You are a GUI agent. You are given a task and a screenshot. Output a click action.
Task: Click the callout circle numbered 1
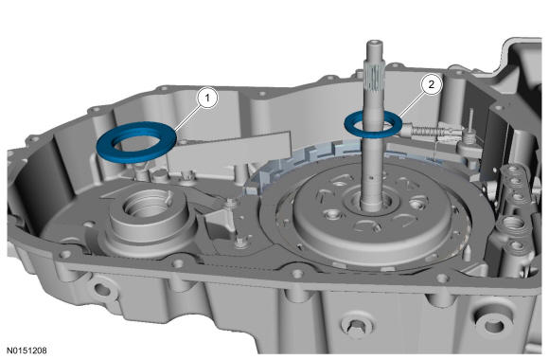pos(207,99)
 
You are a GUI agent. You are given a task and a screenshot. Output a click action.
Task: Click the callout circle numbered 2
pos(431,84)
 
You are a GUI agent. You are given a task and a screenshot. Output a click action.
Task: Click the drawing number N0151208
pos(26,351)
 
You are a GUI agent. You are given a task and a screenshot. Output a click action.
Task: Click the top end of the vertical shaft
pos(375,44)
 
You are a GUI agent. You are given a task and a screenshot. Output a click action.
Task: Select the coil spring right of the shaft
pos(425,132)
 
